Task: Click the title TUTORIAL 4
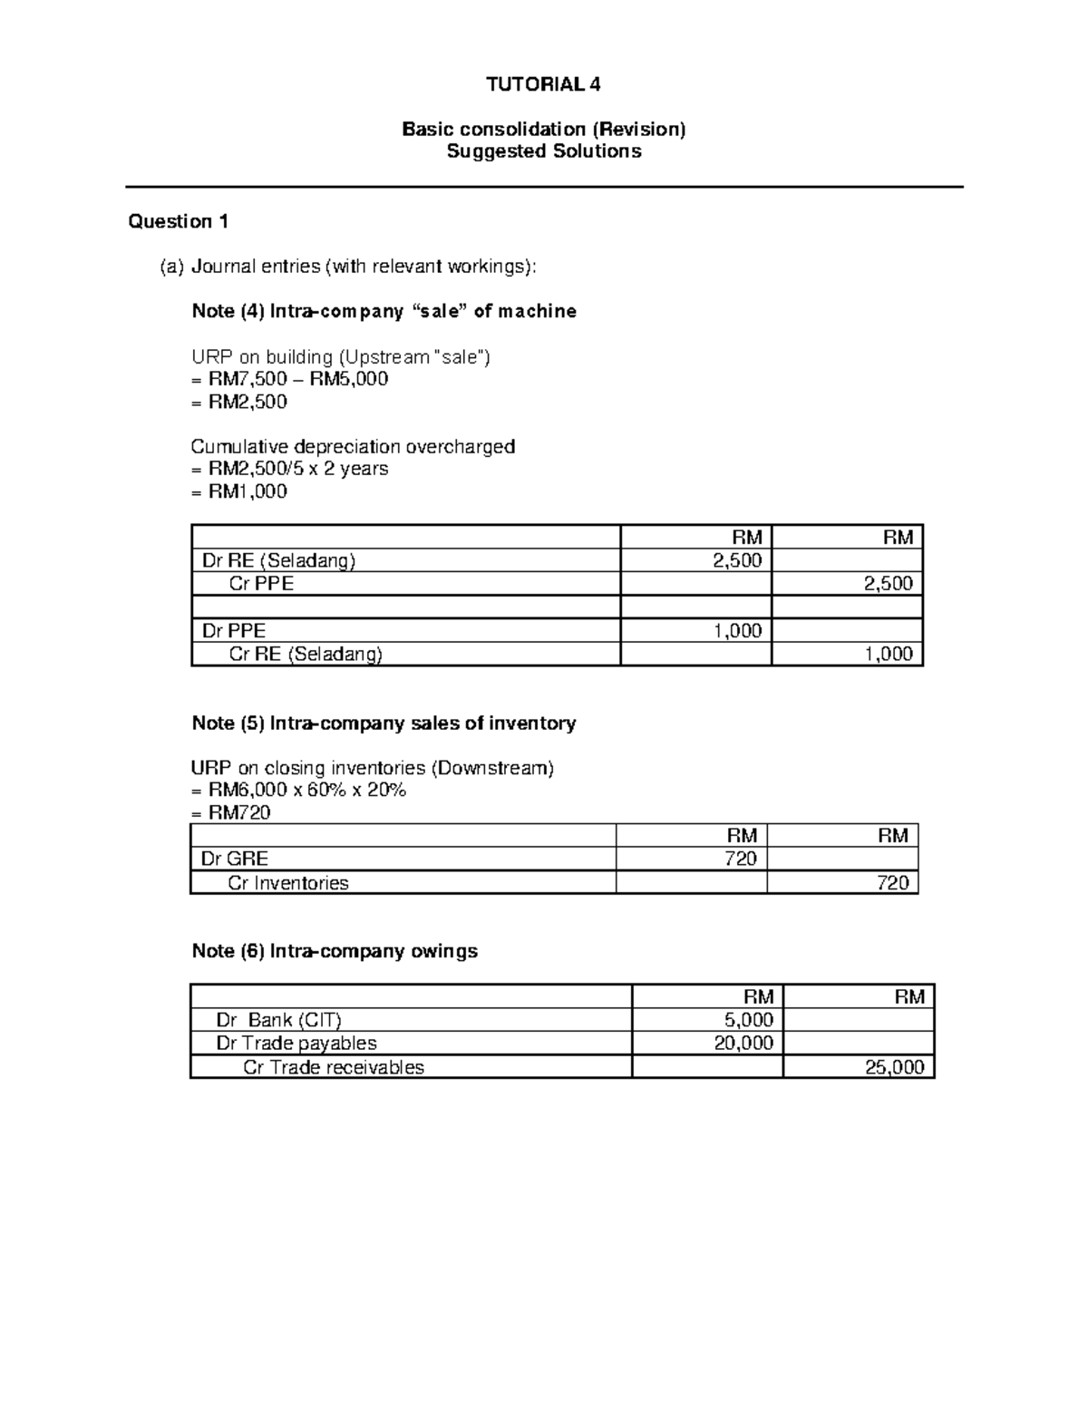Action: pyautogui.click(x=543, y=85)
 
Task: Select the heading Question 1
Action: pyautogui.click(x=179, y=221)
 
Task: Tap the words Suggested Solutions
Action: pyautogui.click(x=544, y=151)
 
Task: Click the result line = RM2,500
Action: pyautogui.click(x=239, y=402)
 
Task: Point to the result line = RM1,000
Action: pyautogui.click(x=239, y=491)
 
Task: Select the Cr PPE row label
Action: pyautogui.click(x=261, y=584)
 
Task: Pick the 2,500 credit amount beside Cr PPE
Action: pyautogui.click(x=888, y=584)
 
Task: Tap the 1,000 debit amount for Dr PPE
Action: pyautogui.click(x=737, y=631)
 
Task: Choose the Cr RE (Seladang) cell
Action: pyautogui.click(x=306, y=654)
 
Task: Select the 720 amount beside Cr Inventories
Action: pyautogui.click(x=892, y=882)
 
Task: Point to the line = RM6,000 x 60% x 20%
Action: pyautogui.click(x=298, y=790)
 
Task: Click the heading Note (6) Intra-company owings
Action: pyautogui.click(x=335, y=951)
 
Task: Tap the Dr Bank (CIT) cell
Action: pyautogui.click(x=278, y=1019)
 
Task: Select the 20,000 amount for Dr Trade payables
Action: pyautogui.click(x=743, y=1043)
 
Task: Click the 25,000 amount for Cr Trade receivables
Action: pyautogui.click(x=894, y=1067)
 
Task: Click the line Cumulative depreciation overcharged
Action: pyautogui.click(x=353, y=446)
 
